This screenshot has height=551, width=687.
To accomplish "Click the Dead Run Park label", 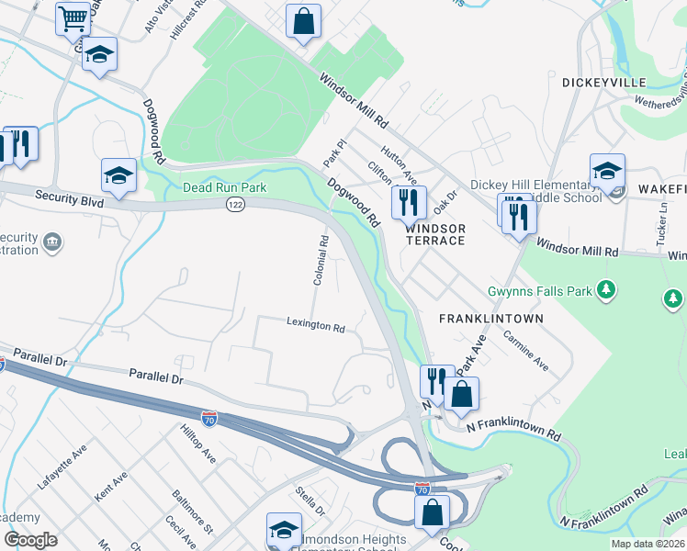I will pos(223,187).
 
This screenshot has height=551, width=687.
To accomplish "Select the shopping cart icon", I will pos(73,17).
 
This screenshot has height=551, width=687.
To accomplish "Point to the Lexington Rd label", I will pos(315,325).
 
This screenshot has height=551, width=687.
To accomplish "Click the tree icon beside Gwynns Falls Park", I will pos(605,291).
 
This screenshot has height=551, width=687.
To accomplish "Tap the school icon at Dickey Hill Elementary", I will pos(607,171).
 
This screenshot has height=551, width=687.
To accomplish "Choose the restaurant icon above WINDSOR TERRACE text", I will pos(409,201).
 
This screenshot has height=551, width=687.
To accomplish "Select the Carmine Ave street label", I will pos(525,352).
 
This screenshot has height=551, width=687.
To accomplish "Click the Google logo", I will pos(30,540).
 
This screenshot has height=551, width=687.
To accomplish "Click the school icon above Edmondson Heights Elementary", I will pos(284,530).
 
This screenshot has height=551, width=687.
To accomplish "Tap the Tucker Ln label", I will pos(661,220).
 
